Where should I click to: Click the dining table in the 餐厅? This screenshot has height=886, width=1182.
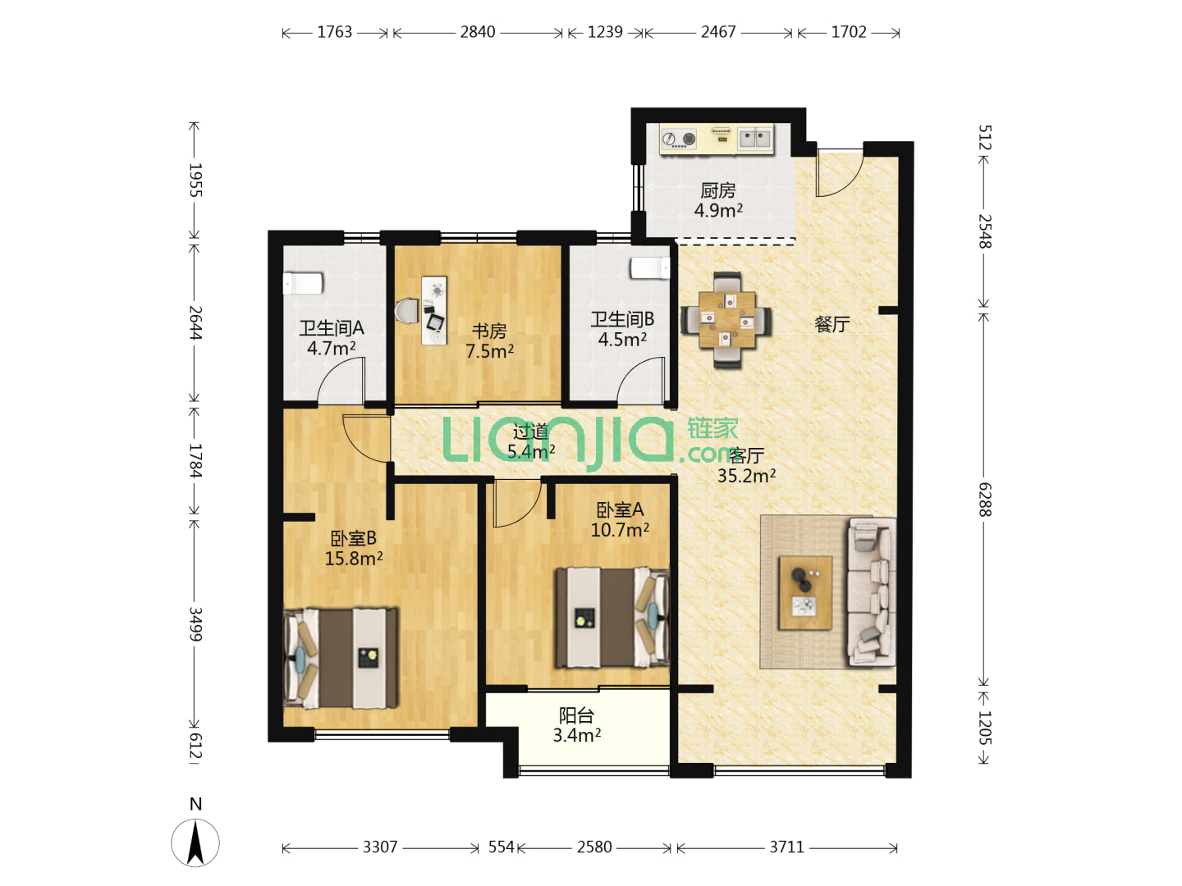726,320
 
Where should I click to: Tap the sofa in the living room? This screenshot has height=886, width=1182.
871,591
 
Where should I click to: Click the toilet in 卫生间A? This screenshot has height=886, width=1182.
303,283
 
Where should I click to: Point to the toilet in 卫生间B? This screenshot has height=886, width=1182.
650,268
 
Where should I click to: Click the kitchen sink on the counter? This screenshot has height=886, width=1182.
755,139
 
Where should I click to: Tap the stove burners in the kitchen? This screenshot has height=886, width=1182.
678,139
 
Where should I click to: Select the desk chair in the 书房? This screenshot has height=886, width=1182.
406,312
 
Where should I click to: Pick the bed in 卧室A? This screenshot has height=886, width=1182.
612,618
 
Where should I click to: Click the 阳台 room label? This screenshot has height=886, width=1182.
575,715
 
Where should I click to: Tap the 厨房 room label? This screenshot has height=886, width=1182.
717,190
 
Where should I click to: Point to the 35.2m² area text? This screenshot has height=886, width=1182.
746,476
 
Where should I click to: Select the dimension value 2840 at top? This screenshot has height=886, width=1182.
477,32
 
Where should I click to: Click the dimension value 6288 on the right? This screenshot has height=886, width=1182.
984,500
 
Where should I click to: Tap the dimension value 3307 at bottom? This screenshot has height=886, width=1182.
380,847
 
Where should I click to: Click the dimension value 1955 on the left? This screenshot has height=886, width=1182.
195,180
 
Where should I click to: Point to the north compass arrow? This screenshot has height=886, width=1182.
195,843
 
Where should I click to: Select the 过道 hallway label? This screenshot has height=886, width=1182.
530,432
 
